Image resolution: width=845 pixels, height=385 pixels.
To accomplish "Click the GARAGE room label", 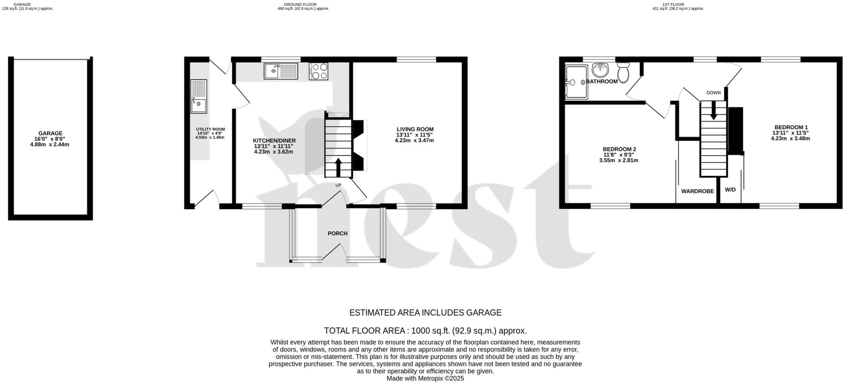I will [x=50, y=133].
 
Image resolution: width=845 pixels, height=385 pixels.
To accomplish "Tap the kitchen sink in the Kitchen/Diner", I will [x=281, y=71].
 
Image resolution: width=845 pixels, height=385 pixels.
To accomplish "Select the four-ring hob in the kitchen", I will [x=318, y=71].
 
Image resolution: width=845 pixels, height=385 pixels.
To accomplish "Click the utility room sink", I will [x=198, y=96].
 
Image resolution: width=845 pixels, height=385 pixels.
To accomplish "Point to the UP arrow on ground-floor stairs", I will [x=338, y=168].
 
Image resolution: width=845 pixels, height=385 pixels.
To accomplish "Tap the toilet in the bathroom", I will [x=623, y=73].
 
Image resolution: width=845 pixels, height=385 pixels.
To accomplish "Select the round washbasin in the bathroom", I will [x=600, y=70].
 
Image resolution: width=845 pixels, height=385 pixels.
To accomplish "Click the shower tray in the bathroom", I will [x=576, y=82].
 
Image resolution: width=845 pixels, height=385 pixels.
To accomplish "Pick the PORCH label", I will [x=338, y=234].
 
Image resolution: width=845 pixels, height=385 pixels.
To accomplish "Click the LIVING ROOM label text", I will [x=415, y=129].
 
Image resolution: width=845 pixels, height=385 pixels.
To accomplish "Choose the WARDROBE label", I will [x=697, y=191].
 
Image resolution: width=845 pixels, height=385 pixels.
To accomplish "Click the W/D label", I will [x=730, y=190].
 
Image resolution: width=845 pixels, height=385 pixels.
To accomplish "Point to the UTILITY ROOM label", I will [x=210, y=129].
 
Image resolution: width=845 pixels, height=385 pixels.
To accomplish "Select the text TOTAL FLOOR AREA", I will [x=366, y=331].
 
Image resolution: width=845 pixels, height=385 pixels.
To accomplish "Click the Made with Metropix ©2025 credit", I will [x=425, y=378].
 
